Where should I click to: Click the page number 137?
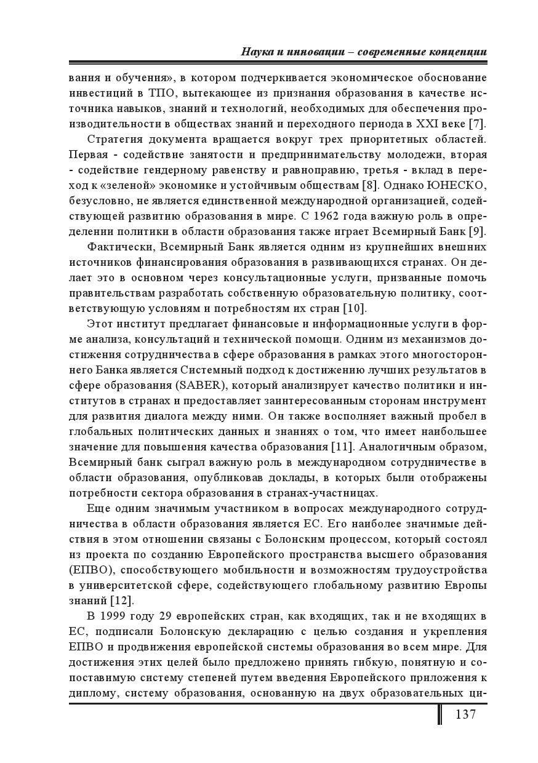(465, 714)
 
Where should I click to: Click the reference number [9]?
(478, 231)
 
